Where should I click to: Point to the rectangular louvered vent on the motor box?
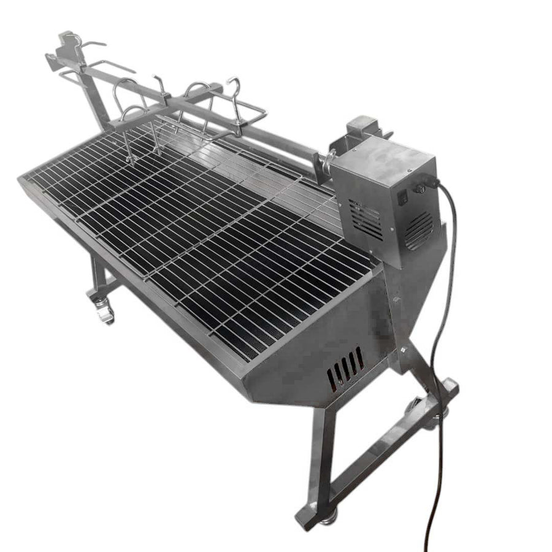[366, 218]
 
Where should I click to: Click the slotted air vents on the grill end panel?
[345, 370]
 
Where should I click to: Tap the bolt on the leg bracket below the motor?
[404, 350]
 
